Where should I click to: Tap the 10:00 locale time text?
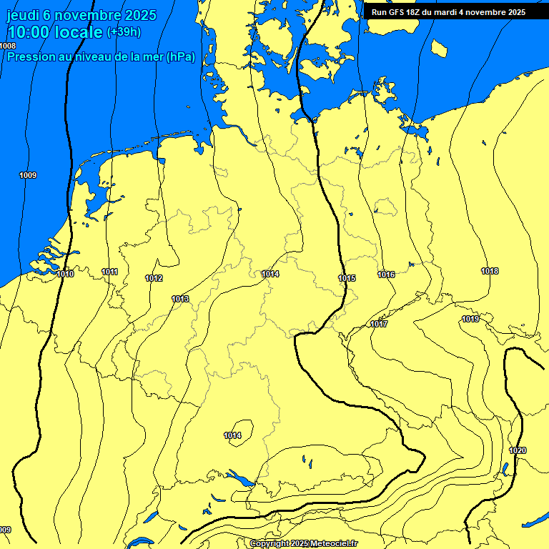point(54,32)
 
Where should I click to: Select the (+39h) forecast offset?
point(124,32)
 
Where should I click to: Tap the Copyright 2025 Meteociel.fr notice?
point(303,543)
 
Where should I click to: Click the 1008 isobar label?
point(8,46)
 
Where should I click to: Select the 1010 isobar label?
point(65,274)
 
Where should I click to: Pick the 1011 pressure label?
point(110,272)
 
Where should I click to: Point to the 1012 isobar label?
point(154,278)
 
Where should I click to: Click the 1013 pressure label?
point(180,299)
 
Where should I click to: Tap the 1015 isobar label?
point(347,278)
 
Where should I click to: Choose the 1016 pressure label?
point(387,274)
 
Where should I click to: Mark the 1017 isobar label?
point(379,325)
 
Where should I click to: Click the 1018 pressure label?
point(490,271)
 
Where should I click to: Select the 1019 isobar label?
point(470,319)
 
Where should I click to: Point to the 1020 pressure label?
point(518,450)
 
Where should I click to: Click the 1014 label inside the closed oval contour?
point(232,435)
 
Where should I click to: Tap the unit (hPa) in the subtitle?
point(180,56)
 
